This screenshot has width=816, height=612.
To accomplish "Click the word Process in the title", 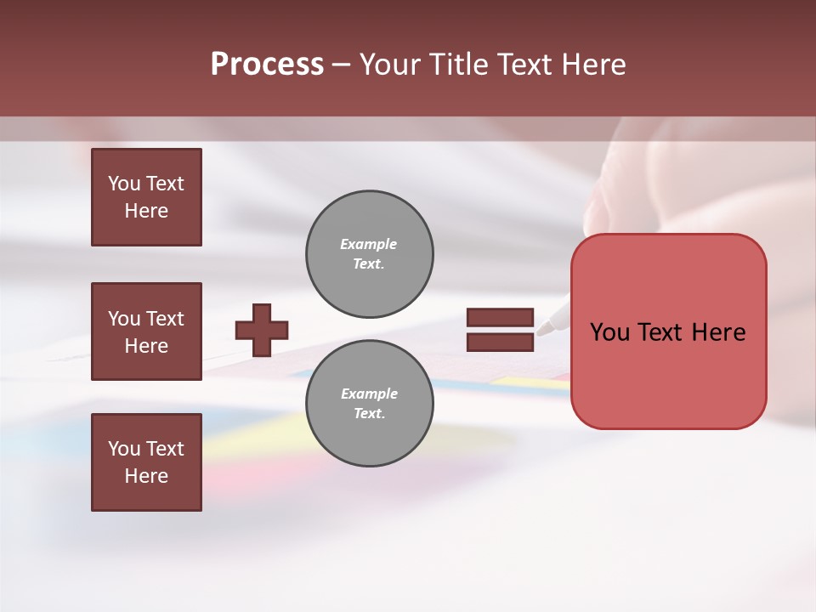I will tap(267, 65).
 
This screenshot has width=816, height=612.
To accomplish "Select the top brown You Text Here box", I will tap(146, 197).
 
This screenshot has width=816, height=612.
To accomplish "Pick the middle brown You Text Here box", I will tap(146, 331).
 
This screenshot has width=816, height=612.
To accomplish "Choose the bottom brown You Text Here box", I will tap(146, 462).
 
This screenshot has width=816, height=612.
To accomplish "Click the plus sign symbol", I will tap(262, 330).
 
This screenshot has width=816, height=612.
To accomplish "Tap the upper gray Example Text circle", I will tap(370, 254).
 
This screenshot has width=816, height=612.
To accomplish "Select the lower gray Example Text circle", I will tap(370, 404).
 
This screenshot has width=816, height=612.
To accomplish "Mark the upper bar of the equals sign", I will tap(500, 318).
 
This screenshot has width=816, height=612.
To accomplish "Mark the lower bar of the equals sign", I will tap(500, 342).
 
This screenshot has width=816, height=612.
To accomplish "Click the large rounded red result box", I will tap(668, 331).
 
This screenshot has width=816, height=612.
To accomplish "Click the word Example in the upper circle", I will tap(368, 244).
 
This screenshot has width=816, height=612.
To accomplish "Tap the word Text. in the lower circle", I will tap(369, 414).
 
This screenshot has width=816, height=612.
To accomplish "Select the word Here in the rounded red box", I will tap(718, 332).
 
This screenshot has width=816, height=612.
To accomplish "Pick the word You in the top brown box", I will tap(123, 184).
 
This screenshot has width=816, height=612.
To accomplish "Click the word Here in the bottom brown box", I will tap(146, 476).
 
